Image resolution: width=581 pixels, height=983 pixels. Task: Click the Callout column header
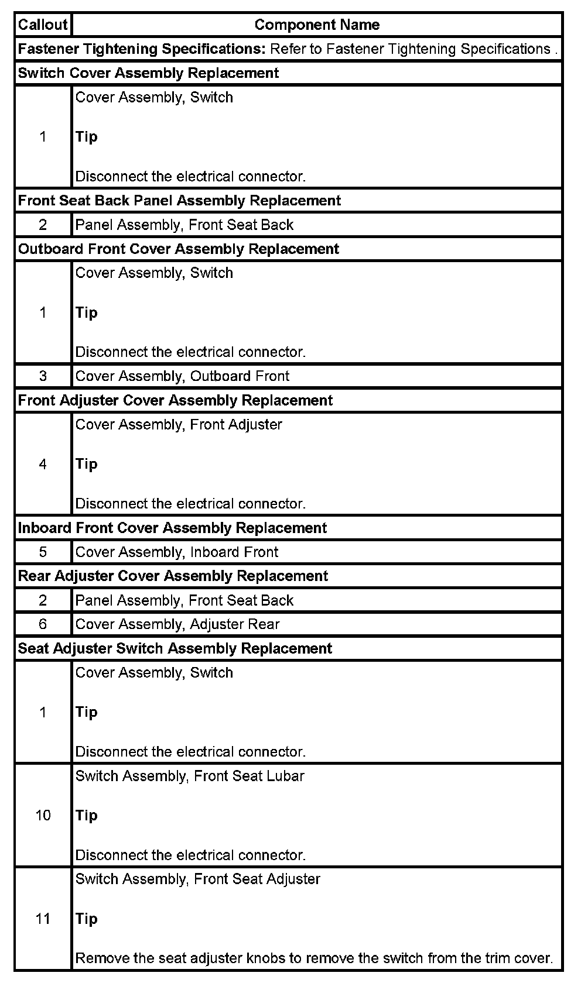(x=43, y=25)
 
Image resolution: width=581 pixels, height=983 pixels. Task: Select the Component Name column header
(x=317, y=25)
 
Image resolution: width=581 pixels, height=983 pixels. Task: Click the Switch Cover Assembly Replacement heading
(x=148, y=73)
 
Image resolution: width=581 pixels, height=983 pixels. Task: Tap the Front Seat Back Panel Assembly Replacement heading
(x=179, y=201)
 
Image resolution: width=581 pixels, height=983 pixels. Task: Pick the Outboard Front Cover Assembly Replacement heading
(x=179, y=249)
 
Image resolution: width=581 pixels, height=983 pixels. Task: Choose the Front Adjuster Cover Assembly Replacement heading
(x=175, y=400)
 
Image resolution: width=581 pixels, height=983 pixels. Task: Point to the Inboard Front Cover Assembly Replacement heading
(x=172, y=528)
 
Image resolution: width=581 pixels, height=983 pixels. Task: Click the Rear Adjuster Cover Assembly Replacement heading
(x=173, y=576)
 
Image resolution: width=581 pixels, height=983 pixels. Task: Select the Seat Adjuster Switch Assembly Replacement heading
(x=175, y=648)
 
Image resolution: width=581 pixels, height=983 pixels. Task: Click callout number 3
(x=43, y=376)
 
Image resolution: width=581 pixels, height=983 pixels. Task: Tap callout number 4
(x=43, y=464)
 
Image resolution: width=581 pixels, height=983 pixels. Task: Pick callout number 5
(x=43, y=552)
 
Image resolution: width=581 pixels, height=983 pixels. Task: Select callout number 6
(x=43, y=624)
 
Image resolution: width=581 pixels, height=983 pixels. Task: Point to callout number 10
(x=43, y=815)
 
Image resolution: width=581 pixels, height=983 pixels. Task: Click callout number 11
(x=43, y=919)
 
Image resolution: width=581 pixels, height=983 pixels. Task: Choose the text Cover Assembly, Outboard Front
(x=182, y=376)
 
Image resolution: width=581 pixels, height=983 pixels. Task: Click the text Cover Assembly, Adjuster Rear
(x=177, y=624)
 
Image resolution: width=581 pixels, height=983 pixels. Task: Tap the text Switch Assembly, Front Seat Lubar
(x=190, y=776)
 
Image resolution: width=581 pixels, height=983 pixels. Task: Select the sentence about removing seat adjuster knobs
(x=314, y=958)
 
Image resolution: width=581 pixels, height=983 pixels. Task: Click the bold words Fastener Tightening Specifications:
(x=142, y=49)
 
